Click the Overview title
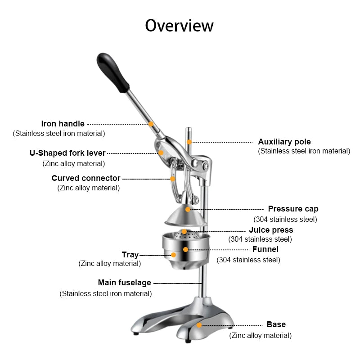click(179, 26)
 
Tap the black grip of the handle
click(113, 72)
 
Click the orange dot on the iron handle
click(151, 124)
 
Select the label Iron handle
click(63, 124)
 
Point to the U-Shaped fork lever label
click(67, 153)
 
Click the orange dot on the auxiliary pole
click(189, 142)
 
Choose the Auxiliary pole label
click(284, 142)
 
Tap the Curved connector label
click(86, 178)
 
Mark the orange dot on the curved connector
click(173, 179)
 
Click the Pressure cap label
click(293, 209)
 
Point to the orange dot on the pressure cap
click(188, 209)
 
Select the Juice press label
click(271, 230)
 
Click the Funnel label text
click(265, 249)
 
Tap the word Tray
click(130, 255)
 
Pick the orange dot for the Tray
click(174, 255)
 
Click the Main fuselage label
click(125, 283)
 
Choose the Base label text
click(276, 324)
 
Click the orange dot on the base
click(199, 325)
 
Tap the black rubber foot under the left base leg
click(136, 333)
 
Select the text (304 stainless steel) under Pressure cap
click(285, 219)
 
